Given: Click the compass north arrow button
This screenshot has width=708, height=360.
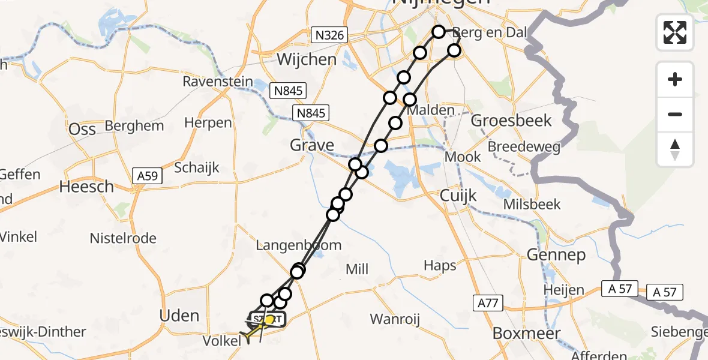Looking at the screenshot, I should point(675,150).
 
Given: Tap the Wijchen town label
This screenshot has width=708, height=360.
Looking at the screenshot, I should point(307,59).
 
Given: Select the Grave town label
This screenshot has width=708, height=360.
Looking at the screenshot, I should point(312,145).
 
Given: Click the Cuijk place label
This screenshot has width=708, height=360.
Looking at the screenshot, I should point(458,196).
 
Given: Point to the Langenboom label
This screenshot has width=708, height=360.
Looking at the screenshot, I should point(299,245).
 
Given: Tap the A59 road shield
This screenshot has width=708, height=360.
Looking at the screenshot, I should point(146,176).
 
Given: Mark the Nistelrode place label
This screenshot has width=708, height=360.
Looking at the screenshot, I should point(123,238).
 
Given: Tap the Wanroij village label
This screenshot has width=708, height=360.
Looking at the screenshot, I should point(394,319).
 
